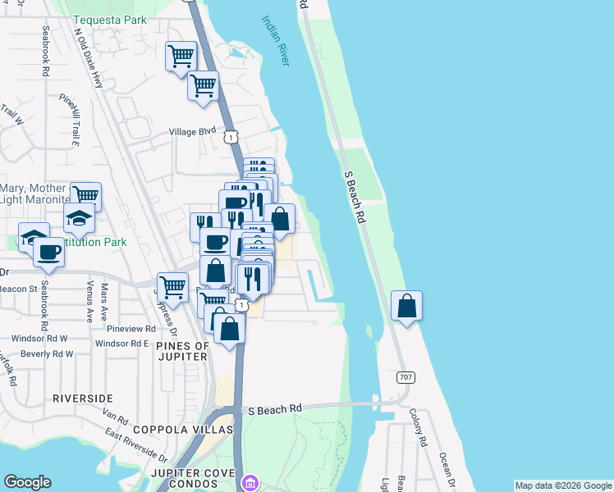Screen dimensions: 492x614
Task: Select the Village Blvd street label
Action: (192, 130)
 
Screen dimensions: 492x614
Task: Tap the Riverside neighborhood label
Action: (82, 398)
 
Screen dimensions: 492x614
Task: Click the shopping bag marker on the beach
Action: (406, 307)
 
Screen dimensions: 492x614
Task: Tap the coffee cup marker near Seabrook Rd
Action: (48, 251)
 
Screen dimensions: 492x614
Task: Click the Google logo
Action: (27, 482)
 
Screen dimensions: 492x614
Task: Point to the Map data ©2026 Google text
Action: (562, 485)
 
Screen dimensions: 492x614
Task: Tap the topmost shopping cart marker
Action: (181, 57)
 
